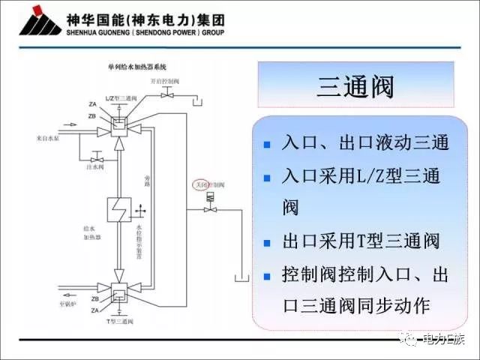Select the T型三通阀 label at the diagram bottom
pos(119,320)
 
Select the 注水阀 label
pos(95,169)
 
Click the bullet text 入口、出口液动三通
pos(365,142)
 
